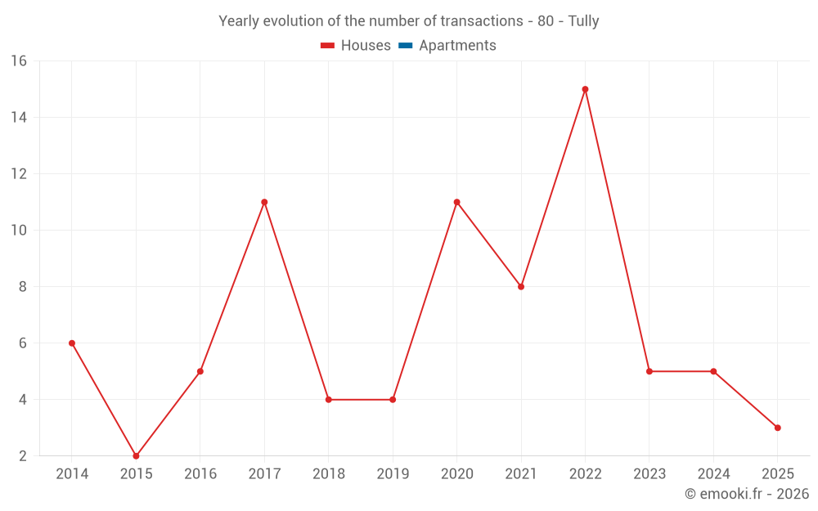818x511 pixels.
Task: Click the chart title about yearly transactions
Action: tap(408, 21)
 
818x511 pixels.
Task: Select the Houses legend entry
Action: tap(365, 46)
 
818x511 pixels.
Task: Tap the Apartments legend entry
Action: tap(457, 46)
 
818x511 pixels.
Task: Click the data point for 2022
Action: tap(585, 89)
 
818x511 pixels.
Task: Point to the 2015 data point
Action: tap(136, 456)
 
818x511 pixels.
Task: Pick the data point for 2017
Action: tap(264, 202)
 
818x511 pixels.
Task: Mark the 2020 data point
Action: tap(456, 202)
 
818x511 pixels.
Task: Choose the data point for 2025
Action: tap(777, 428)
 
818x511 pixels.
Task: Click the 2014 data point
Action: tap(72, 343)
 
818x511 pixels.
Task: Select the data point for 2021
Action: tap(521, 287)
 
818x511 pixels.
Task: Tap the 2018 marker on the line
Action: tap(328, 400)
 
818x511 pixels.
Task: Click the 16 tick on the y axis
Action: tap(19, 61)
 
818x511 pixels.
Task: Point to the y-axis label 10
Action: tap(19, 231)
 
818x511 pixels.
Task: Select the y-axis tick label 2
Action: tap(22, 456)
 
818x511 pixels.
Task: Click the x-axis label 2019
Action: tap(393, 474)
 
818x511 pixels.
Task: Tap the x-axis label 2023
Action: tap(649, 474)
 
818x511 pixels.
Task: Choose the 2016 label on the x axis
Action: tap(200, 474)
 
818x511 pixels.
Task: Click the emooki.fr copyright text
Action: tap(746, 494)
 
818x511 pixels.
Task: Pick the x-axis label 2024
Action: tap(713, 474)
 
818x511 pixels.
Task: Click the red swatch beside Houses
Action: tap(327, 46)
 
